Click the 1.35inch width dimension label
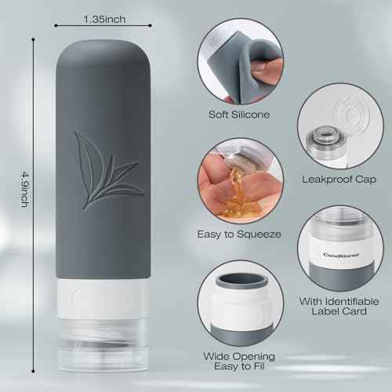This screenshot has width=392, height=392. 104,19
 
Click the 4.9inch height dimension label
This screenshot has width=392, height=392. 25,189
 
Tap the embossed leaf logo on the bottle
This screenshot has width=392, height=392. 108,170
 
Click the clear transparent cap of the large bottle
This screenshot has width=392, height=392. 103,345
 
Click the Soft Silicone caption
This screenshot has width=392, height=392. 239,114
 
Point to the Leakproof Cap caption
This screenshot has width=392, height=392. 339,180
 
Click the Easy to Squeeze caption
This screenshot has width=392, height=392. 239,234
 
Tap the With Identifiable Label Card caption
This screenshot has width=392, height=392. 339,307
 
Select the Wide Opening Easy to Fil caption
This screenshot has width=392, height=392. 239,361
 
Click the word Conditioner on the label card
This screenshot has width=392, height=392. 341,255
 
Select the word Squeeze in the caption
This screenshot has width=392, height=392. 259,234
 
